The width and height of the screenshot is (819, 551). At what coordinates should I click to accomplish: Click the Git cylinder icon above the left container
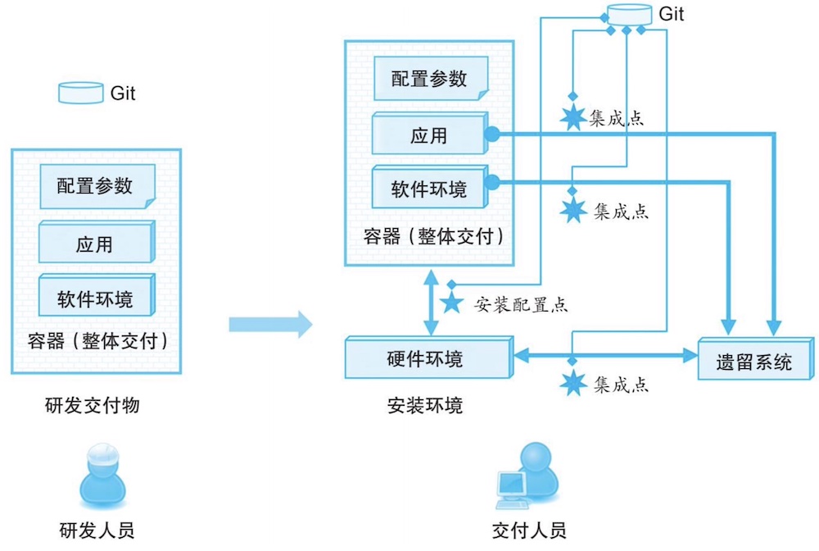(x=80, y=93)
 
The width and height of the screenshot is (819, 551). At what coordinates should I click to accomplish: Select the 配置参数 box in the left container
(x=96, y=186)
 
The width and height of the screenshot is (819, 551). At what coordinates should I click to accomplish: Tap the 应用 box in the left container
(x=96, y=244)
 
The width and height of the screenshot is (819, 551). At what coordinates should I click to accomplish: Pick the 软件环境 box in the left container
(x=96, y=298)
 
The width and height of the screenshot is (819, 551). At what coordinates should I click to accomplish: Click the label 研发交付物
(x=93, y=404)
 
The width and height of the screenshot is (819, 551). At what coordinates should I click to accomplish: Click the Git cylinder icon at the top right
(x=627, y=14)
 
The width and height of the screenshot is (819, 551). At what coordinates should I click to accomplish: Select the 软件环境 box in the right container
(x=430, y=189)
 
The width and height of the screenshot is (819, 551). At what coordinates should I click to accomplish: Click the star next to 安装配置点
(x=450, y=304)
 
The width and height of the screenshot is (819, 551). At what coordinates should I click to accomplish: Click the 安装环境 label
(x=425, y=405)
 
